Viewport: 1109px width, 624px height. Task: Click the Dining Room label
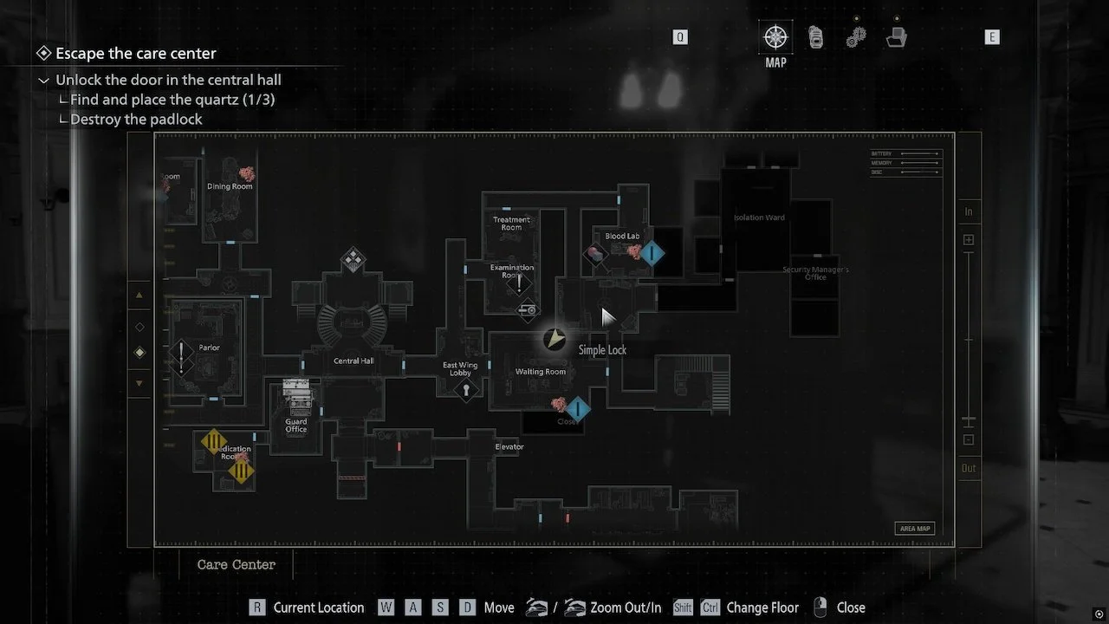click(x=230, y=186)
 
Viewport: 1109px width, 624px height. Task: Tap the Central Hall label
click(x=353, y=361)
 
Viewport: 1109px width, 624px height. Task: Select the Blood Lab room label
click(x=622, y=236)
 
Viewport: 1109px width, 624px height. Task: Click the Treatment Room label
click(x=511, y=224)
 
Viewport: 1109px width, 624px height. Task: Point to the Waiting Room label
click(x=541, y=372)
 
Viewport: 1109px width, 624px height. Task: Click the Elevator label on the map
click(x=509, y=447)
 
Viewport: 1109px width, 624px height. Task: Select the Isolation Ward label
click(x=759, y=218)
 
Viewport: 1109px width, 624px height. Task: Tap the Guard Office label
click(x=296, y=426)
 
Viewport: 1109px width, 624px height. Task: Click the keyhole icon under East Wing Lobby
click(x=466, y=390)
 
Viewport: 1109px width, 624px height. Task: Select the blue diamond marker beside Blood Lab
click(x=652, y=253)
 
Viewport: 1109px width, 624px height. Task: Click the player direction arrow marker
click(x=554, y=339)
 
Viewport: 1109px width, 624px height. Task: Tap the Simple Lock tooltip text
click(x=602, y=350)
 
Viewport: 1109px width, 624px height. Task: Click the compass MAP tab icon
click(x=775, y=37)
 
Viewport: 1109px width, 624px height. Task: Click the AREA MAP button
click(x=914, y=529)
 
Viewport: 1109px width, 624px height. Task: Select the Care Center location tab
click(x=236, y=564)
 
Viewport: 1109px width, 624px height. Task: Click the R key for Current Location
click(x=256, y=608)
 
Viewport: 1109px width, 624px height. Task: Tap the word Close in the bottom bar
click(x=851, y=608)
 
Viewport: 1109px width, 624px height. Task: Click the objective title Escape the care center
click(x=136, y=54)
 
